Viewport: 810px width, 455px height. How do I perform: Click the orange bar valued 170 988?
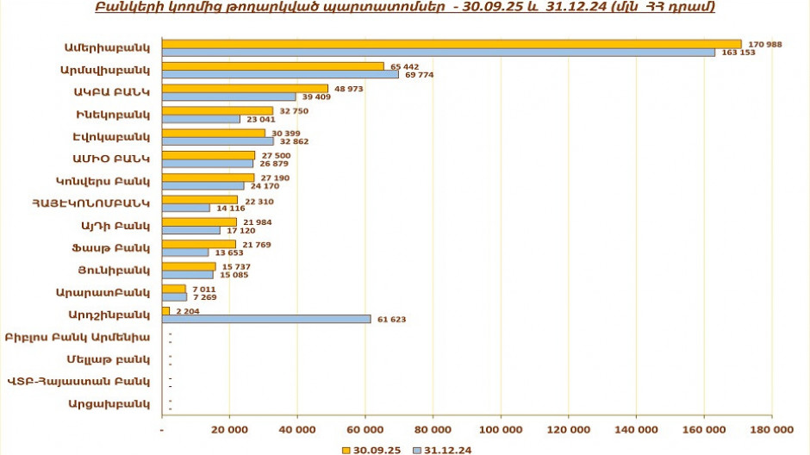452,44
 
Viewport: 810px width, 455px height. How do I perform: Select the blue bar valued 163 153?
439,53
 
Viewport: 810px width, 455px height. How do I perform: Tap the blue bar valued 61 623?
266,319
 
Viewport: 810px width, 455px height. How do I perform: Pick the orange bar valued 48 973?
245,88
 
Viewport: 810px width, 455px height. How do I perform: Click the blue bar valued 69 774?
280,75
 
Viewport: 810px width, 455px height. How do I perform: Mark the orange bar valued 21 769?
199,244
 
